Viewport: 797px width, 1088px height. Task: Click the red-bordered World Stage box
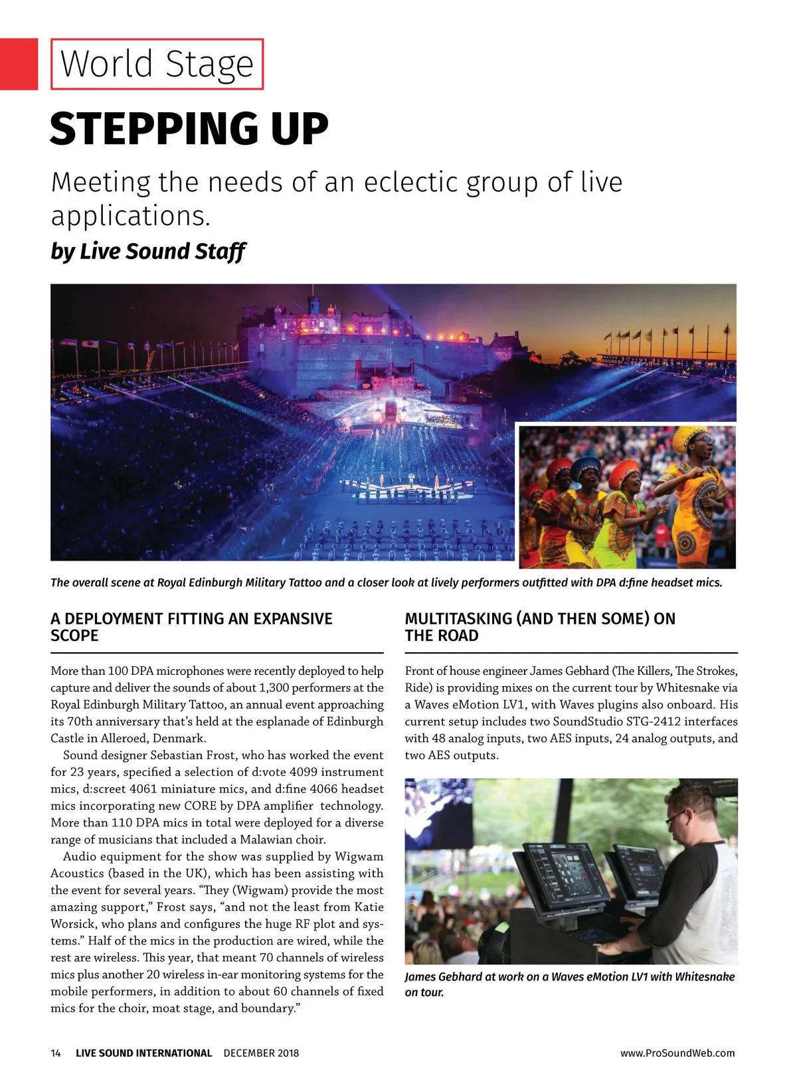[157, 64]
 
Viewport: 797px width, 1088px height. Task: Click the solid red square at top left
[19, 64]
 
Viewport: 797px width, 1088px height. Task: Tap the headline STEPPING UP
[189, 129]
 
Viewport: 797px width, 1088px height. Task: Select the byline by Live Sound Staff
[147, 252]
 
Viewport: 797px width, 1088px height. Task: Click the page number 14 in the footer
[56, 1053]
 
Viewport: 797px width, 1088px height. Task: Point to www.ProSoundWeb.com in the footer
[677, 1053]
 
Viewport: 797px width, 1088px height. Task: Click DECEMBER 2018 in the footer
[261, 1053]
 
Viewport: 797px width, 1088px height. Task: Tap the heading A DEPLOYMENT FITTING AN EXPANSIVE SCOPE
[191, 627]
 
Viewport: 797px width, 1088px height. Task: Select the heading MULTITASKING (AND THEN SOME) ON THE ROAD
[539, 627]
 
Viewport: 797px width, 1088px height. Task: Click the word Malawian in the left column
[269, 840]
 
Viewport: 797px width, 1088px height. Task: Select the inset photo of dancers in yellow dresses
[627, 497]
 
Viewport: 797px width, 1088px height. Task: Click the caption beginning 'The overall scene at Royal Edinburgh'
[386, 583]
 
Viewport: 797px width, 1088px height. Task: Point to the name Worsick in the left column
[73, 924]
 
